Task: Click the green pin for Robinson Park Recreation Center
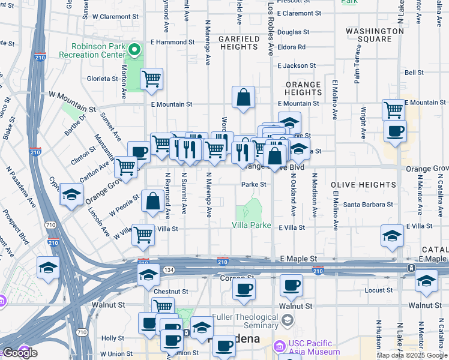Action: coord(136,50)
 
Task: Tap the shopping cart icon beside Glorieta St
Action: coord(152,79)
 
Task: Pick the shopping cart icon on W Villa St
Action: coord(143,235)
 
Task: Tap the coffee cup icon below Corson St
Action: coord(244,290)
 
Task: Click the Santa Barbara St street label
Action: coord(368,205)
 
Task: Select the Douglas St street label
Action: coord(294,32)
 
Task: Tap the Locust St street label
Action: coord(378,290)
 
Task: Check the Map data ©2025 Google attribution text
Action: coord(411,355)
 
